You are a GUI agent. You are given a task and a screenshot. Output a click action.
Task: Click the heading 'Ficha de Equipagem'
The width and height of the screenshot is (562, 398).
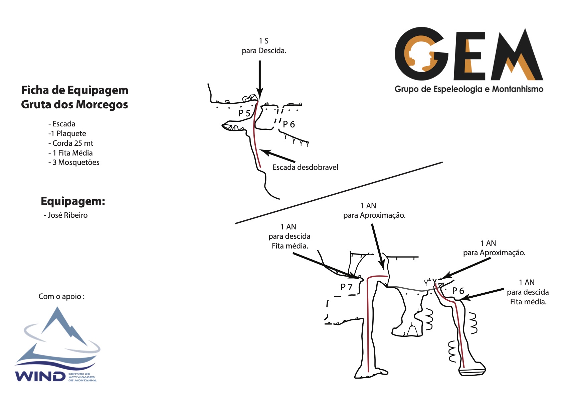(74, 90)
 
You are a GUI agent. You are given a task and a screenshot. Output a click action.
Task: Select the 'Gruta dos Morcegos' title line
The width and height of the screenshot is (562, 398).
(74, 105)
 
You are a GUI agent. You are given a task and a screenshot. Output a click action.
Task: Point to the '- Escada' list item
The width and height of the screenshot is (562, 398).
(62, 124)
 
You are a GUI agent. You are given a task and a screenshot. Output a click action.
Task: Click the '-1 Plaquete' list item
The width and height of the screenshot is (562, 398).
(67, 133)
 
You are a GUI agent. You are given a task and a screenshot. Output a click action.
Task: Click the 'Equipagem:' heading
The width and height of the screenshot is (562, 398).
(73, 201)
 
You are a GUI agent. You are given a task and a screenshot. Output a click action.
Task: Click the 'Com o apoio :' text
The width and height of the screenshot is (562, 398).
(61, 296)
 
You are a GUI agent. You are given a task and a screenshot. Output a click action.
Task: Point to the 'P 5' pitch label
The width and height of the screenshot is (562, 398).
(244, 113)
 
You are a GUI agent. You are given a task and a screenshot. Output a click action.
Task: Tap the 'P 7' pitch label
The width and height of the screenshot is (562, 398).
(347, 287)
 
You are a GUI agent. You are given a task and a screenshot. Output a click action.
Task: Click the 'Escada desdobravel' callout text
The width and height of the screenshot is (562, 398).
(305, 167)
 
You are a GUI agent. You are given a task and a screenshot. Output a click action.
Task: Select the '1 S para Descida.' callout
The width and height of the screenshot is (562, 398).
(264, 46)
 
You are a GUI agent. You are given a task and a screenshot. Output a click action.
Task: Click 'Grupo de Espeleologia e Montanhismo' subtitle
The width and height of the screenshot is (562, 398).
(469, 89)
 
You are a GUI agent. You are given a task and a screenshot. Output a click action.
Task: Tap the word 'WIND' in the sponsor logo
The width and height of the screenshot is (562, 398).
(40, 376)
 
